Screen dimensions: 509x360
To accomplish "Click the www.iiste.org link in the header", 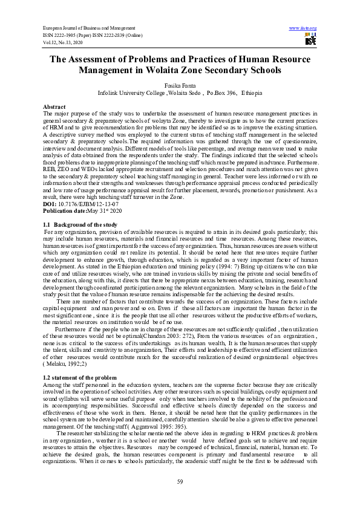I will pyautogui.click(x=303, y=28).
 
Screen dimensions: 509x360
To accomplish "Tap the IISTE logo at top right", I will pyautogui.click(x=310, y=41).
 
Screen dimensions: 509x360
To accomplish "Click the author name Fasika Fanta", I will pyautogui.click(x=180, y=86).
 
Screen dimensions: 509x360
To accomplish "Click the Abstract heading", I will pyautogui.click(x=54, y=106).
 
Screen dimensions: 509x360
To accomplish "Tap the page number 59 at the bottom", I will pyautogui.click(x=180, y=481).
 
